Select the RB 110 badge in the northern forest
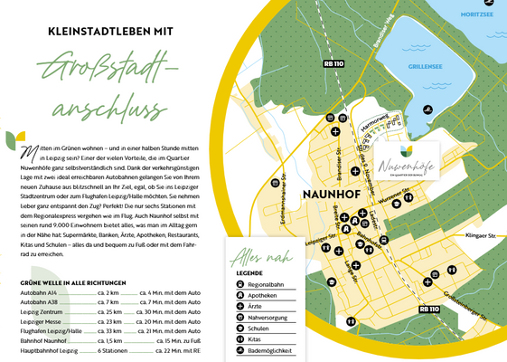tap(333, 63)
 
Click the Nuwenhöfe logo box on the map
tap(408, 157)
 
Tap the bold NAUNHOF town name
tap(327, 195)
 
